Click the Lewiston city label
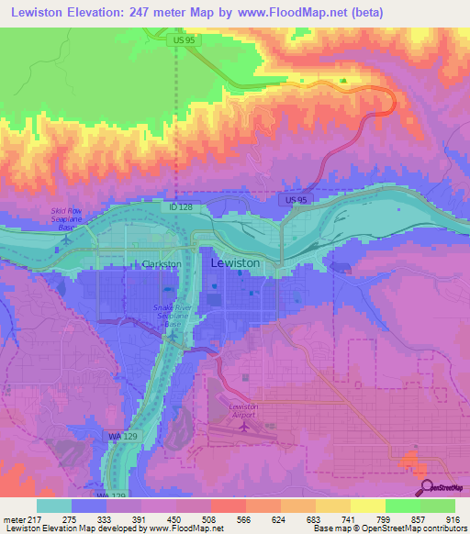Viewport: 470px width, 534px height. pyautogui.click(x=235, y=262)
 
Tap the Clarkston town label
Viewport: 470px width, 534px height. pyautogui.click(x=164, y=263)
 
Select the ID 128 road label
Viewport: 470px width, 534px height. pyautogui.click(x=180, y=207)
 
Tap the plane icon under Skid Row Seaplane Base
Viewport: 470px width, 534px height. pyautogui.click(x=65, y=239)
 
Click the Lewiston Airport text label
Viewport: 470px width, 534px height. pyautogui.click(x=244, y=409)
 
